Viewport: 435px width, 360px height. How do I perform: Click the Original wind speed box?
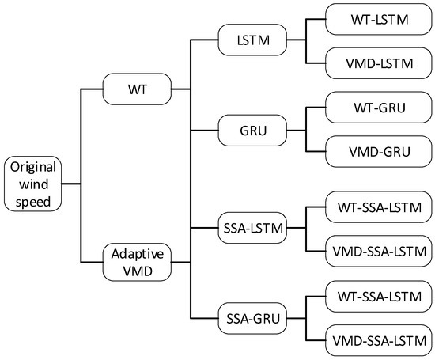coord(32,183)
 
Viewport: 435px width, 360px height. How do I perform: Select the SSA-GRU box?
coord(250,320)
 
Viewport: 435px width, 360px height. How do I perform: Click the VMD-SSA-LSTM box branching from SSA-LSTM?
coord(376,252)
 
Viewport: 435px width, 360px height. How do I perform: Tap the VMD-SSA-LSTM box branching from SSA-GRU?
coord(376,342)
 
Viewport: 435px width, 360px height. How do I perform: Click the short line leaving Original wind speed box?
coord(71,183)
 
